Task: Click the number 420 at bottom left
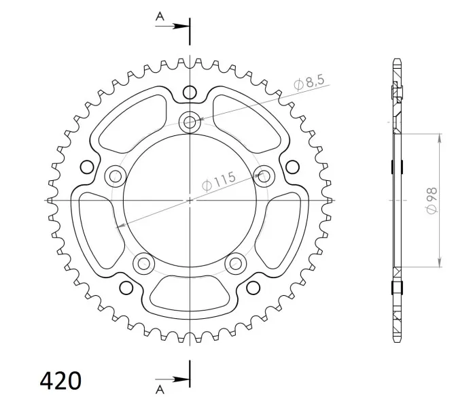tap(60, 381)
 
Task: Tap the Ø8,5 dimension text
tap(309, 82)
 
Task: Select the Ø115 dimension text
tap(219, 182)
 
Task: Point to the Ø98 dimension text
tap(432, 201)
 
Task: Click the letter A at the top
tap(160, 16)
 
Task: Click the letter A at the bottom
tap(160, 390)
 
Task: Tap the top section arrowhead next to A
tap(181, 27)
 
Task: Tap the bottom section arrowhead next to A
tap(181, 379)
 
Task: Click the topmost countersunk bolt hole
tap(190, 122)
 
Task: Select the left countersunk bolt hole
tap(116, 176)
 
